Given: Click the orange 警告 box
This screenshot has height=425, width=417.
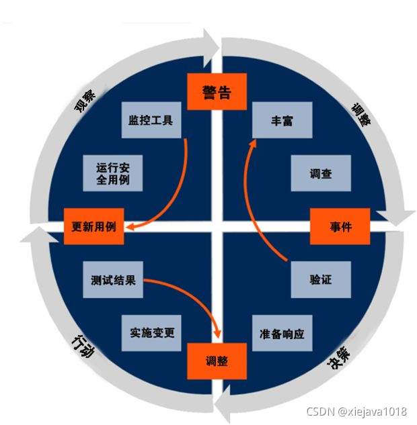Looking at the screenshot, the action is [217, 91].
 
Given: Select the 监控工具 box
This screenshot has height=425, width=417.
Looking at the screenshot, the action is [151, 120].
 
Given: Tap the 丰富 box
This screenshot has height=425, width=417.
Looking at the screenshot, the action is [282, 120].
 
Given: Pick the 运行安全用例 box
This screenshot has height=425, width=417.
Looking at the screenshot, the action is [113, 173].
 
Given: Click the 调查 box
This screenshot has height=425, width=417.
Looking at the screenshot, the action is [321, 173].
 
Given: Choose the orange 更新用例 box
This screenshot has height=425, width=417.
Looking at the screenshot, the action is [94, 226].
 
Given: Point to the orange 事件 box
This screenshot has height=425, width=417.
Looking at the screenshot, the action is [340, 226].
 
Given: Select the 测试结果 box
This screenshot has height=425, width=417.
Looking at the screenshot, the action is [113, 279].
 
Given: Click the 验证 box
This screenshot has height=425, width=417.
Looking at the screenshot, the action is [321, 279].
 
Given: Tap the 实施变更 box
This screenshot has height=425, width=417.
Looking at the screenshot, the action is [151, 333].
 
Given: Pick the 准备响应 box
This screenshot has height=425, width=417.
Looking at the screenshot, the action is [282, 333].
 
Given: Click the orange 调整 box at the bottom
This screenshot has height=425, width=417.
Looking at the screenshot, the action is [217, 361].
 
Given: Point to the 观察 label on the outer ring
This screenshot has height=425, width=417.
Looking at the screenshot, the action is [85, 101].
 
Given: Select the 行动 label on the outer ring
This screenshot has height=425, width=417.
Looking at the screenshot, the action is [83, 346].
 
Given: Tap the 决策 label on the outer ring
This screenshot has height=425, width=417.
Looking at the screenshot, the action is [338, 358].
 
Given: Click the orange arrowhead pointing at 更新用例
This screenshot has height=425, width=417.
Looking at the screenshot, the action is [130, 226].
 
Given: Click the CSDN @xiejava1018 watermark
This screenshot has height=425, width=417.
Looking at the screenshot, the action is [356, 412].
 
